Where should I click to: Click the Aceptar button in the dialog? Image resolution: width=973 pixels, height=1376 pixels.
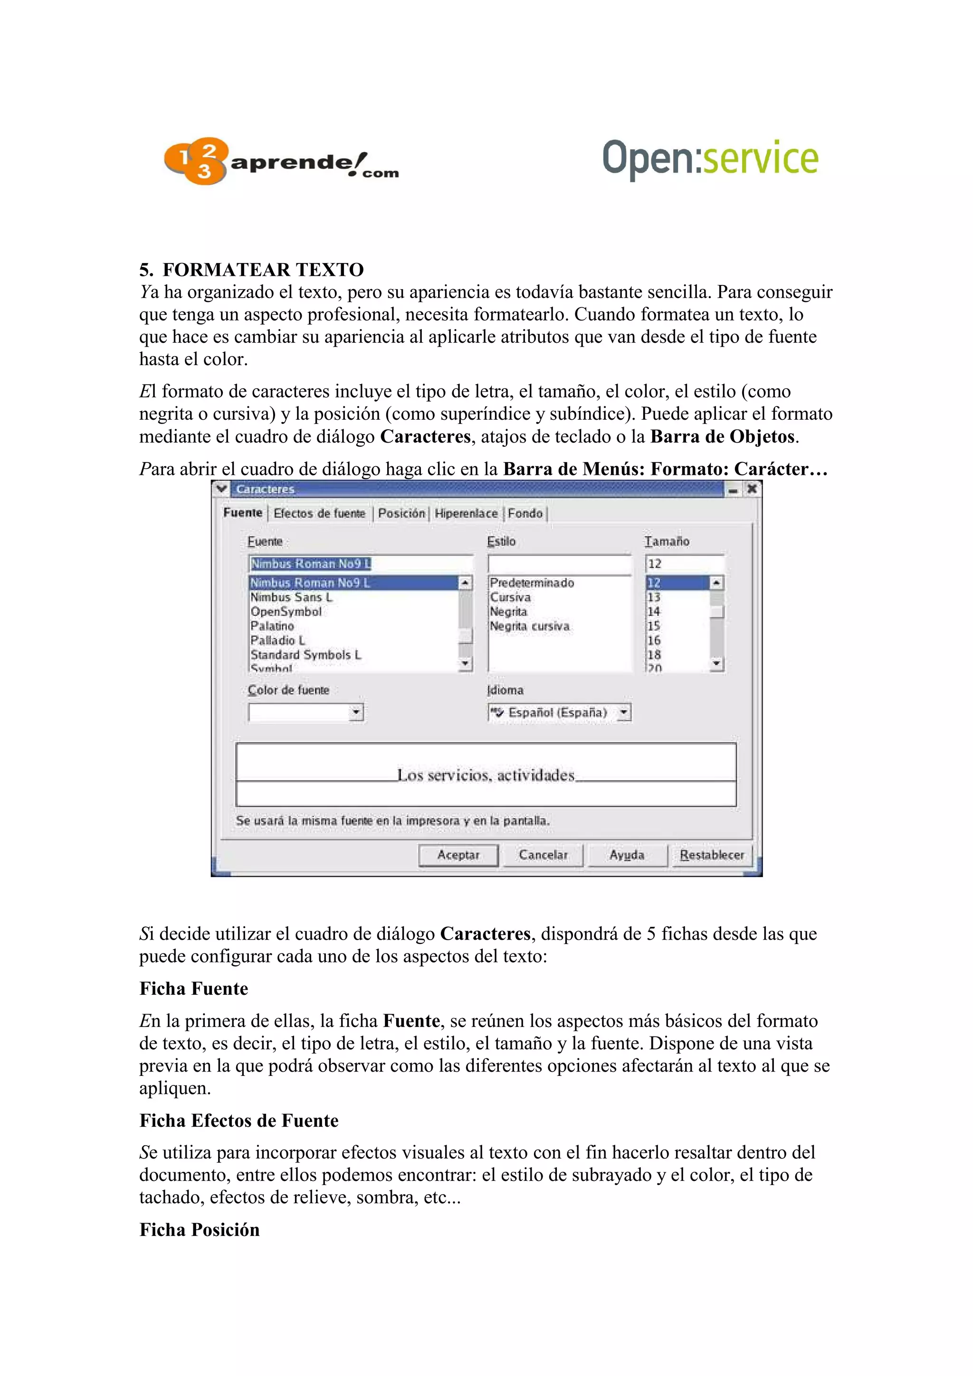458,855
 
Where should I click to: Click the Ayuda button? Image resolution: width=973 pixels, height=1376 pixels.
627,855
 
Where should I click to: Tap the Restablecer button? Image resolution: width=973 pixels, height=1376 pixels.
712,855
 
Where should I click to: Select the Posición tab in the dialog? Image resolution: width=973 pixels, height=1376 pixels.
401,513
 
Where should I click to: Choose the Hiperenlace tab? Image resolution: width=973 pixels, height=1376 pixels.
466,513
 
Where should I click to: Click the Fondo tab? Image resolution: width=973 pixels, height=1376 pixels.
525,513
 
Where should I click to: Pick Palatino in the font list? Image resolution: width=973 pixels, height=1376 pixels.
272,626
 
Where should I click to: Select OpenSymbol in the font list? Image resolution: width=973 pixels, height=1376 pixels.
286,611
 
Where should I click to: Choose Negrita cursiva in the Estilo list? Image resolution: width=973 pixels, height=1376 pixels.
529,626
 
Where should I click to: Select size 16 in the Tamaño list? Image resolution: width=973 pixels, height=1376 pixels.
653,640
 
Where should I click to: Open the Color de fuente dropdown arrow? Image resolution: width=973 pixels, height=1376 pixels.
356,712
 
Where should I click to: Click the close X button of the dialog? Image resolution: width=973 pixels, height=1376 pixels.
751,489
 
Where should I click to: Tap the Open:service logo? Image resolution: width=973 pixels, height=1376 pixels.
710,159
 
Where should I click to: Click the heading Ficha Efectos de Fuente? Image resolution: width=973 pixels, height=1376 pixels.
238,1120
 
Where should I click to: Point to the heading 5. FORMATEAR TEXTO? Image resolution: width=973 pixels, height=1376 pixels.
251,270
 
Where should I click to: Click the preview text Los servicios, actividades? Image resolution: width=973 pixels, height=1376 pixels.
486,775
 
